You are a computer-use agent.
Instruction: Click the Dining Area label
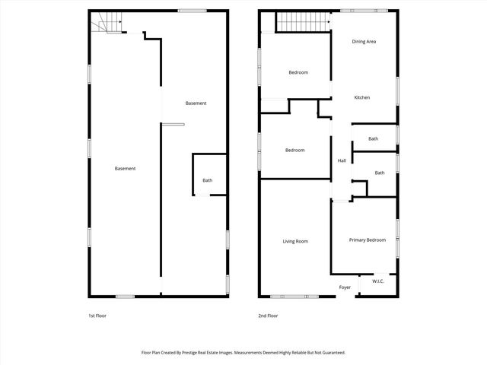[364, 42]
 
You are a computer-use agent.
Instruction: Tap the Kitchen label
[361, 97]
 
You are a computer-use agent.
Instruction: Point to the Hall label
[342, 160]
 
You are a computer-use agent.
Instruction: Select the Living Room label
[295, 241]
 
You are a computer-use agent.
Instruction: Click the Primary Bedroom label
[367, 240]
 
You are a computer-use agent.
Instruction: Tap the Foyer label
[345, 287]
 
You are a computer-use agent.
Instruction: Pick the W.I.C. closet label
[378, 281]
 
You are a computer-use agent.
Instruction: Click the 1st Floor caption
[97, 315]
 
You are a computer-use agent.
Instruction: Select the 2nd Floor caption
[268, 315]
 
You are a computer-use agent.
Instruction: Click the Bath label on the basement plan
[207, 180]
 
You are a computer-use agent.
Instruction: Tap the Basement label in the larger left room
[125, 168]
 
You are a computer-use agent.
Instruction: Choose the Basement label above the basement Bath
[196, 103]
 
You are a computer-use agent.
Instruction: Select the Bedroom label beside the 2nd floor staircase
[298, 72]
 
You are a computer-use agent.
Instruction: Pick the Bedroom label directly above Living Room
[294, 150]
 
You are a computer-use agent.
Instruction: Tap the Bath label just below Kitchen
[373, 138]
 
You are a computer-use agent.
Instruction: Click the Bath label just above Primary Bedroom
[379, 173]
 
